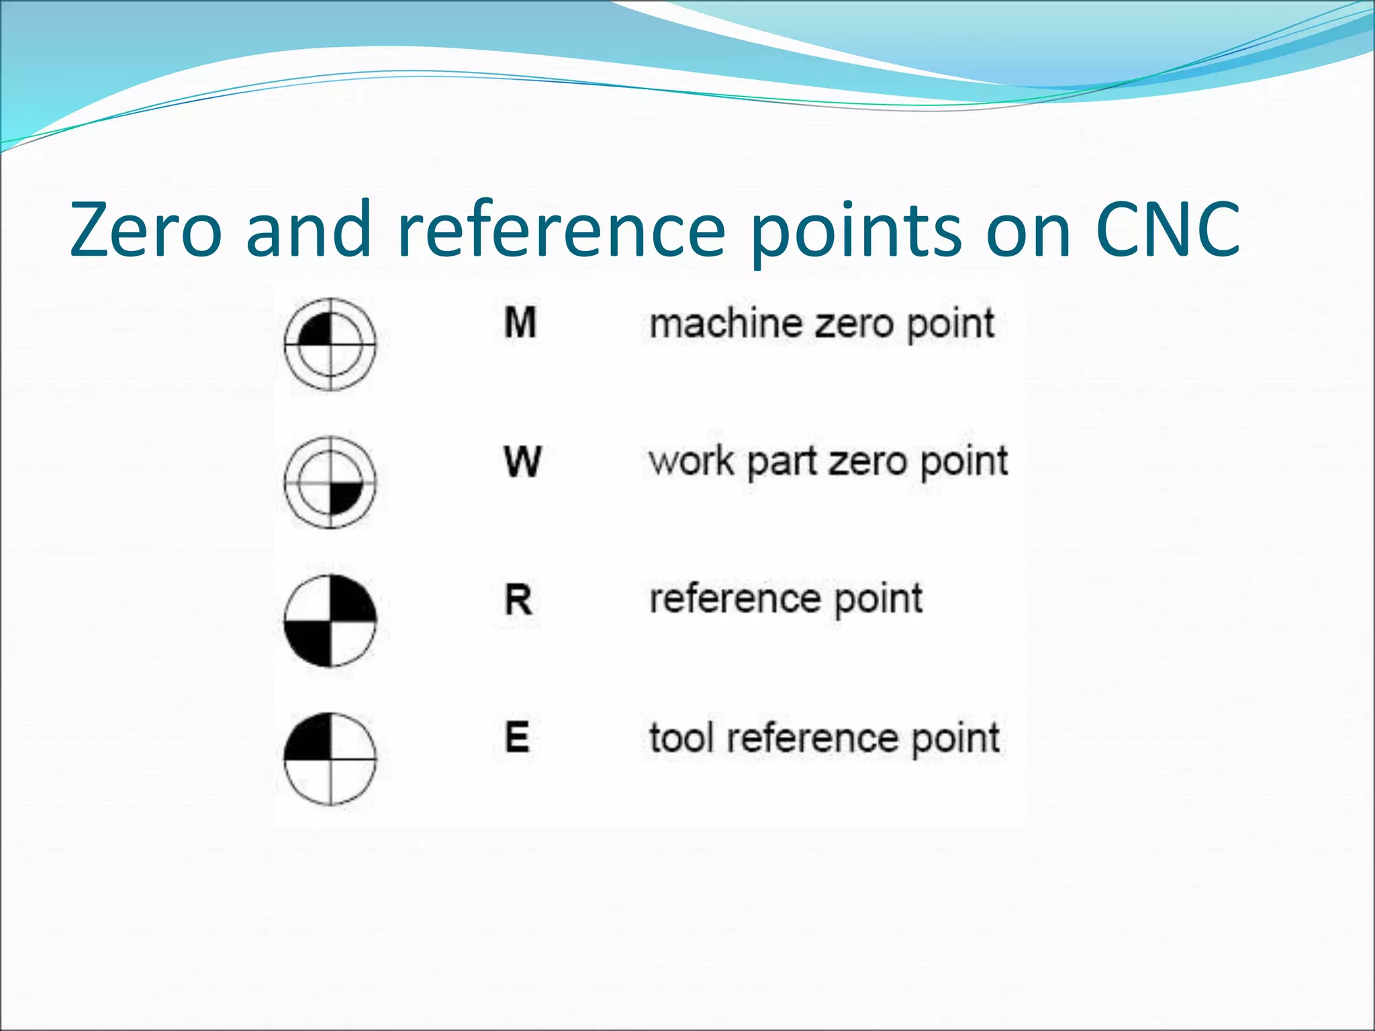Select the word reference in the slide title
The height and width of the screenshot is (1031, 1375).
click(561, 230)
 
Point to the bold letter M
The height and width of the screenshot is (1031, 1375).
click(520, 323)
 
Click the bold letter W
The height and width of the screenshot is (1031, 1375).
click(522, 462)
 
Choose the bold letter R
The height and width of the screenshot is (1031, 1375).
click(518, 599)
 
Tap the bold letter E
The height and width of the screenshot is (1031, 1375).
click(517, 737)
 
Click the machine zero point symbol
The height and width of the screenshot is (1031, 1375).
click(330, 344)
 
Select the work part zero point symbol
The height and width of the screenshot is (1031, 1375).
click(330, 482)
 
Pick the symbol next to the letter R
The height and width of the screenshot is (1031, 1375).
click(330, 621)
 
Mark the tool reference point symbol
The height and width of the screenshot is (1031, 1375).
click(330, 759)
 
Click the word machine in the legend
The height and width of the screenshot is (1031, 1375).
click(726, 324)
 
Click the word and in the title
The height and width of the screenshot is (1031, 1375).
click(309, 230)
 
